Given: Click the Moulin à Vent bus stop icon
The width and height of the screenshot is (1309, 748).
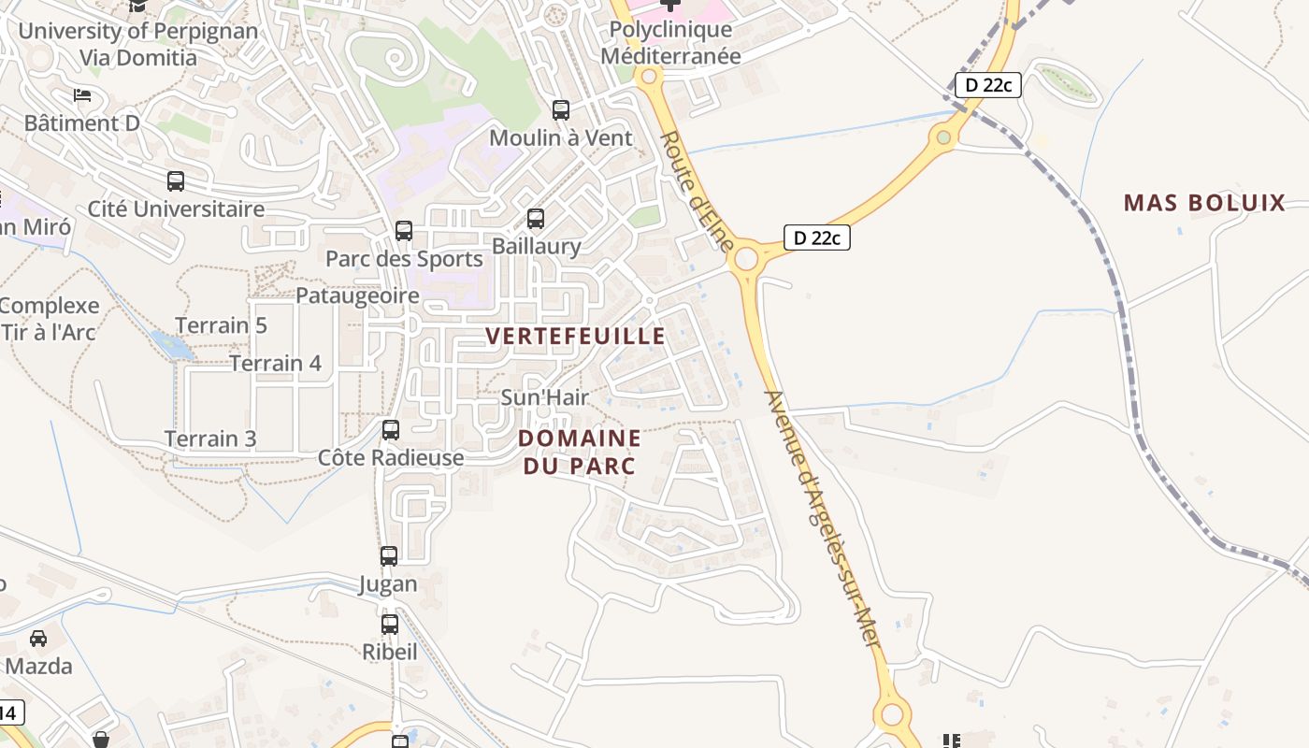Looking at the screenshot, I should pyautogui.click(x=561, y=110).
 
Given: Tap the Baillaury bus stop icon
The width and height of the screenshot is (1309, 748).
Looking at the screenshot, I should pyautogui.click(x=536, y=219).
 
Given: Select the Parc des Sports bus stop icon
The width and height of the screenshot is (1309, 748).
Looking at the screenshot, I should pyautogui.click(x=404, y=230).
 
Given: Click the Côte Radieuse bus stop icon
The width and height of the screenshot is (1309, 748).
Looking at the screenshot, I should pyautogui.click(x=391, y=430).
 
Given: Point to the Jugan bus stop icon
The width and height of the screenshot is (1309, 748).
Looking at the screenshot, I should pyautogui.click(x=389, y=556).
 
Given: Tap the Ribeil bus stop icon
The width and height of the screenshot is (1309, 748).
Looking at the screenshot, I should pyautogui.click(x=390, y=625).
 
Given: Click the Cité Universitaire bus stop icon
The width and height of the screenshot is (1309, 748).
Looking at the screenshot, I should pyautogui.click(x=176, y=181).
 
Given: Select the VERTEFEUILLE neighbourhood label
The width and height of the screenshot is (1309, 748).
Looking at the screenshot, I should pyautogui.click(x=576, y=337).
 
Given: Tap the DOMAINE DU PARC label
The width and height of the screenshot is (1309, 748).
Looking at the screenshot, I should pyautogui.click(x=580, y=452).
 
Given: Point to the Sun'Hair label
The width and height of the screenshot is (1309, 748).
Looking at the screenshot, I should pyautogui.click(x=545, y=397).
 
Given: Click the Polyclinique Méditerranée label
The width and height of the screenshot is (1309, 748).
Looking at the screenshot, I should pyautogui.click(x=670, y=43).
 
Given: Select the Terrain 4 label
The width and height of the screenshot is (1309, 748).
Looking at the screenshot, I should pyautogui.click(x=276, y=363).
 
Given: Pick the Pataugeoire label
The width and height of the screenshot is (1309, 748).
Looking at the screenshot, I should pyautogui.click(x=357, y=295).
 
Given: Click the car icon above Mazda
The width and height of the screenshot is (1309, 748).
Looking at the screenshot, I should pyautogui.click(x=38, y=639).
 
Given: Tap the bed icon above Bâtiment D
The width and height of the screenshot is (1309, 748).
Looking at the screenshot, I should pyautogui.click(x=82, y=95).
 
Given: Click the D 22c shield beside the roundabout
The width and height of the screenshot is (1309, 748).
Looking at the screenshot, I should pyautogui.click(x=816, y=237).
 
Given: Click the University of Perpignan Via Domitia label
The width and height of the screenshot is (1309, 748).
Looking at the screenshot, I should pyautogui.click(x=138, y=44).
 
